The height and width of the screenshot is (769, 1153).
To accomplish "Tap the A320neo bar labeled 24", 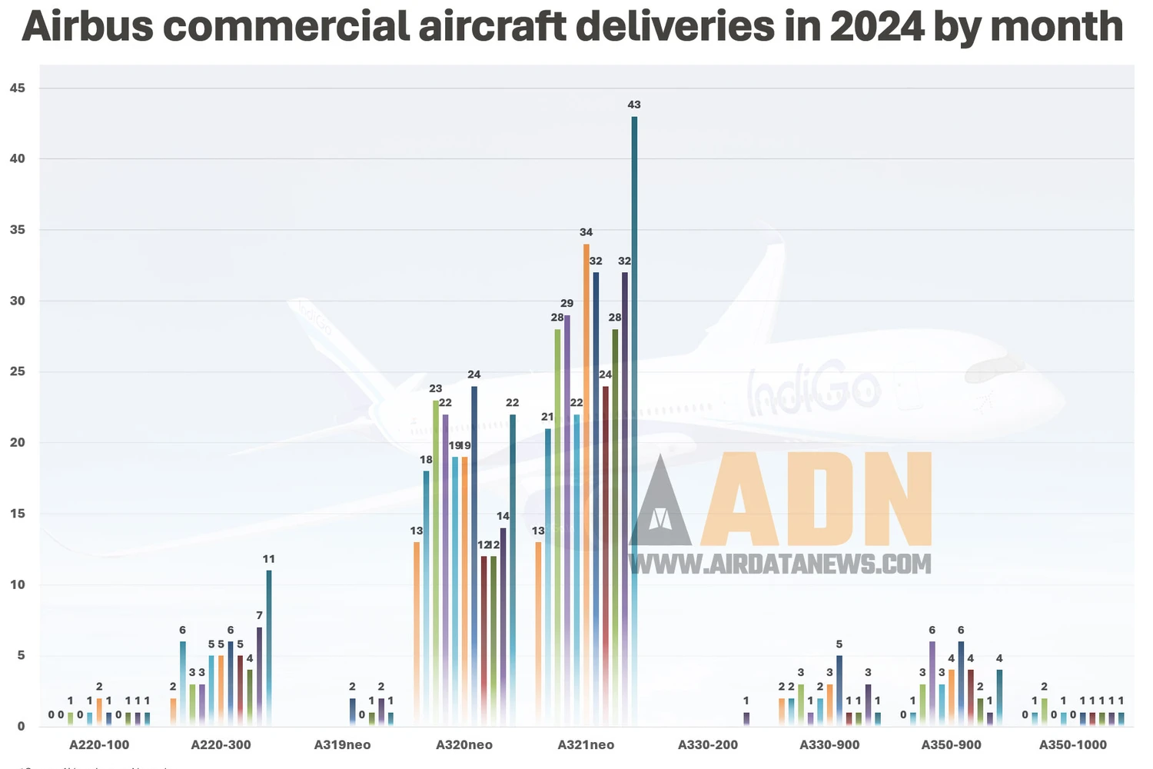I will click(x=474, y=554).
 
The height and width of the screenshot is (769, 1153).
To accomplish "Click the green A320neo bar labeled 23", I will click(x=436, y=561).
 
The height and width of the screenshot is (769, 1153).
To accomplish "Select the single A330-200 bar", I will click(x=746, y=719).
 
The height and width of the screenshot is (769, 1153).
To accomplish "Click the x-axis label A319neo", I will click(x=342, y=744).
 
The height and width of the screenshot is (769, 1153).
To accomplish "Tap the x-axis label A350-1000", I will click(x=1072, y=744).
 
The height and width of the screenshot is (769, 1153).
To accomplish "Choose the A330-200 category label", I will click(x=707, y=744).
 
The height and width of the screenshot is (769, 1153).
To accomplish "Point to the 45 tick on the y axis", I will click(x=17, y=88).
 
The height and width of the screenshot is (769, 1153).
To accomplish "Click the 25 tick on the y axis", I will click(x=17, y=372).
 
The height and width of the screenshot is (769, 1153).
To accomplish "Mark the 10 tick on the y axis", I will click(x=17, y=584).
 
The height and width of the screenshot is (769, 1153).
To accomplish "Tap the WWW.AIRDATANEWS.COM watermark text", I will click(x=780, y=564).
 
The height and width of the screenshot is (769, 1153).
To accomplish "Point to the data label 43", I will click(x=634, y=105).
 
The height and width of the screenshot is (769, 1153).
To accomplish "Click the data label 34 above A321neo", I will click(x=586, y=232).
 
